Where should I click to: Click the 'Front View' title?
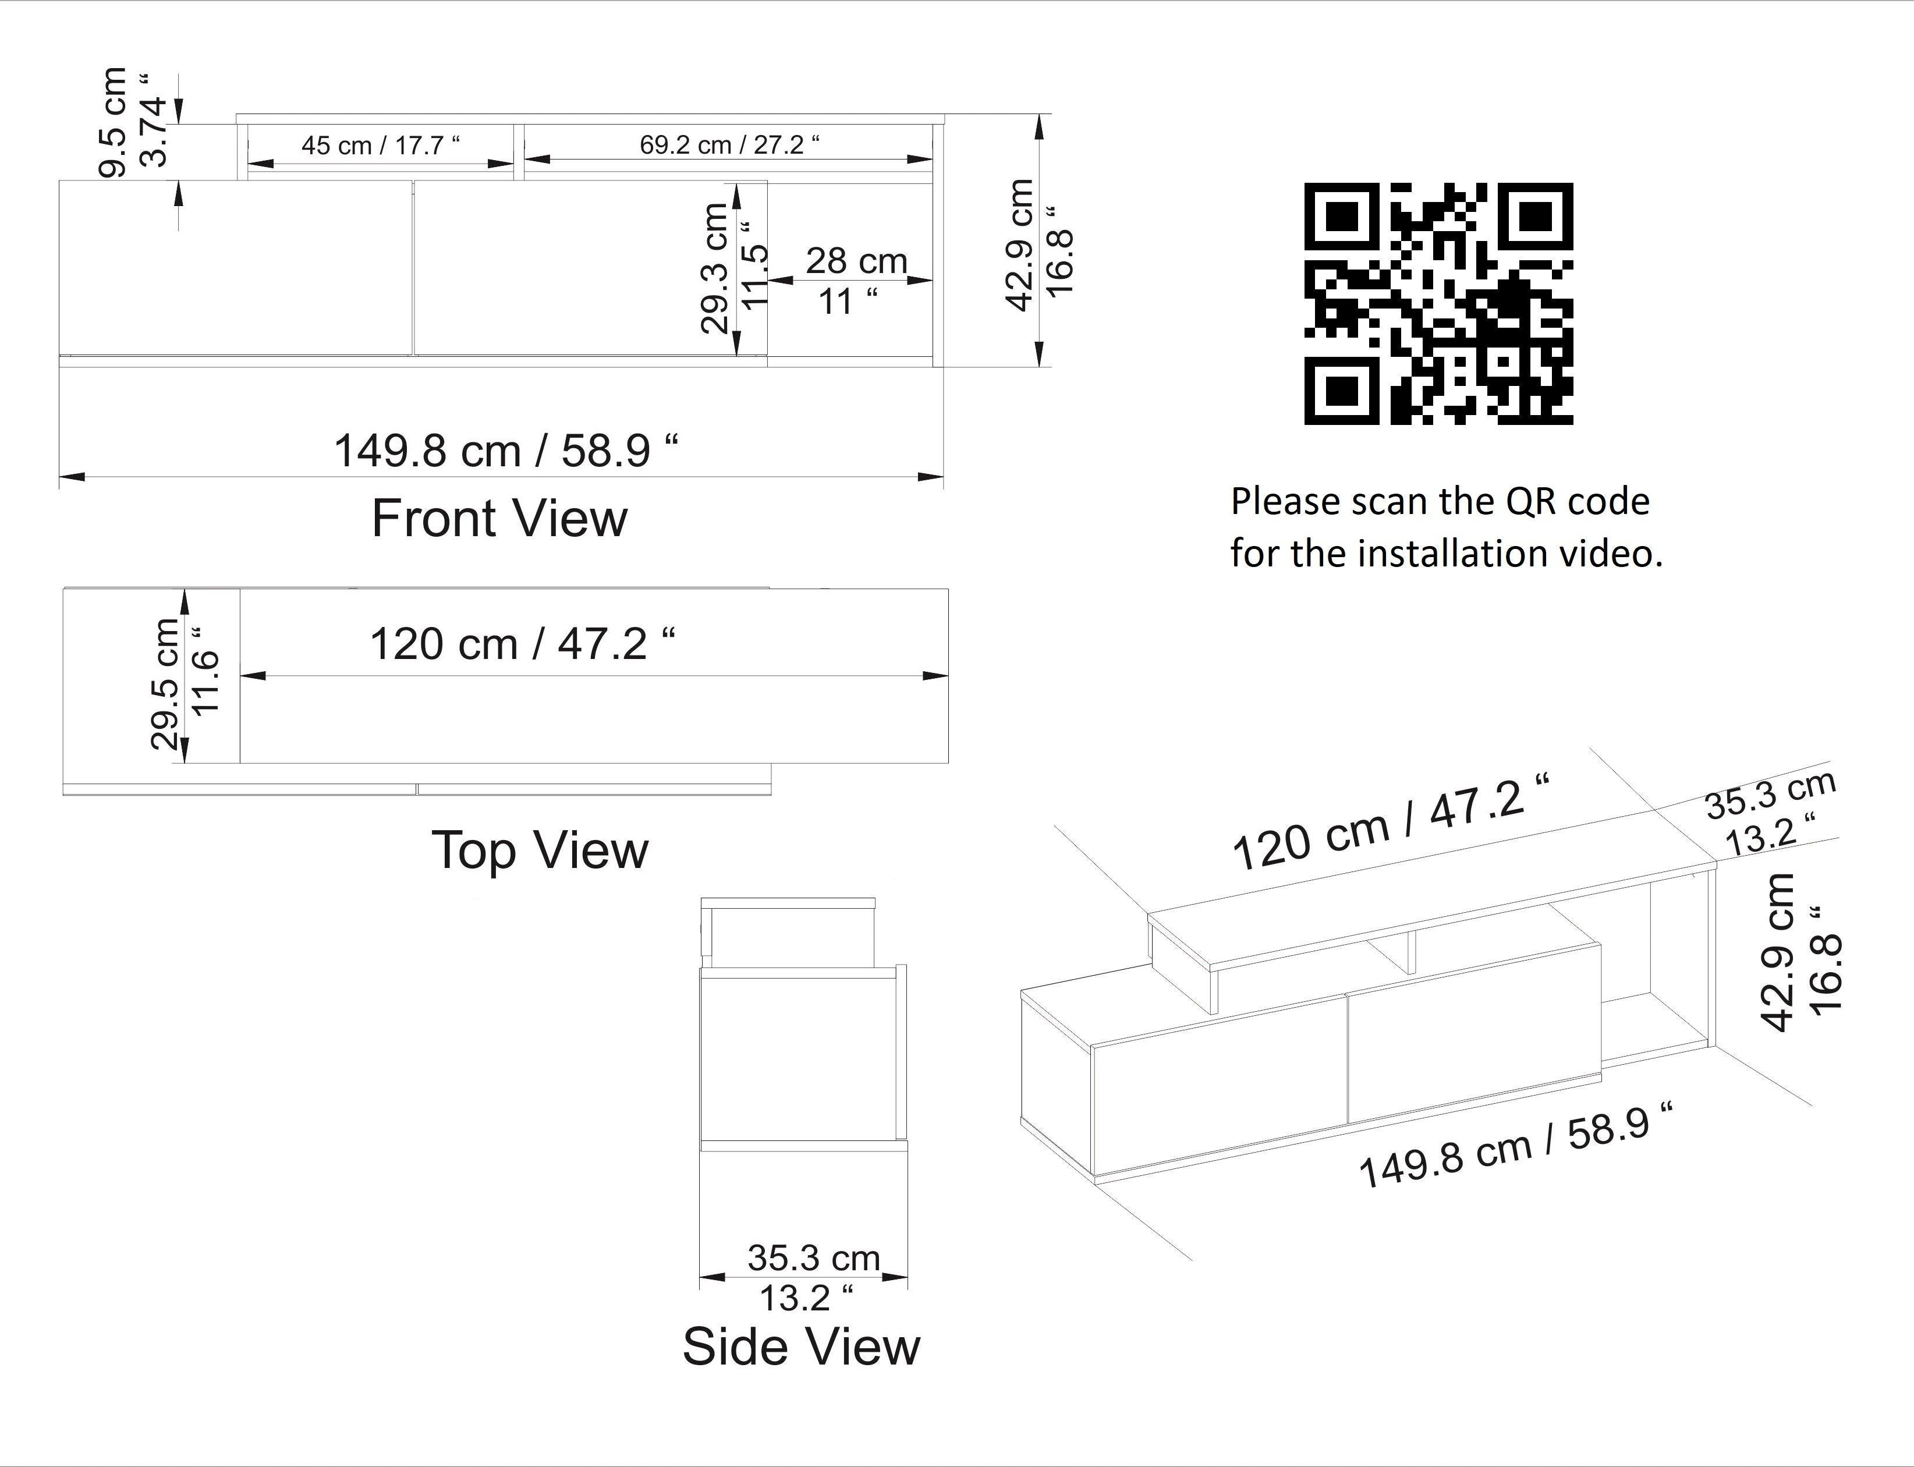[499, 518]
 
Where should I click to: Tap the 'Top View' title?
[540, 850]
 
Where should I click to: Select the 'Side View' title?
[801, 1346]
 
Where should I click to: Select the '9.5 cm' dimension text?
[114, 122]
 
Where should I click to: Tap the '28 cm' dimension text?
[856, 260]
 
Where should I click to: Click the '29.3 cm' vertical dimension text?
[715, 268]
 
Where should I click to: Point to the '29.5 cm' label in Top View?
[165, 683]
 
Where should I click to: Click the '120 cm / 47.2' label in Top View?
[522, 644]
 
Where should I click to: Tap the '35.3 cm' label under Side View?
[814, 1259]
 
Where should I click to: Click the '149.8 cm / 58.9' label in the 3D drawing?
[1517, 1144]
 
